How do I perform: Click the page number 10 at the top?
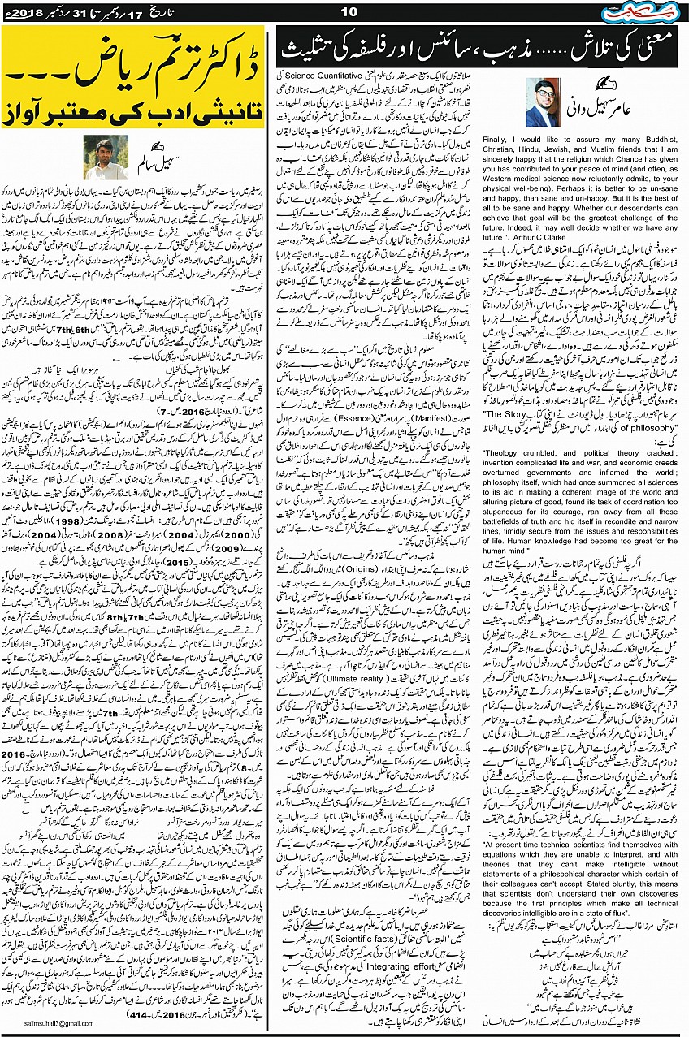point(349,11)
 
